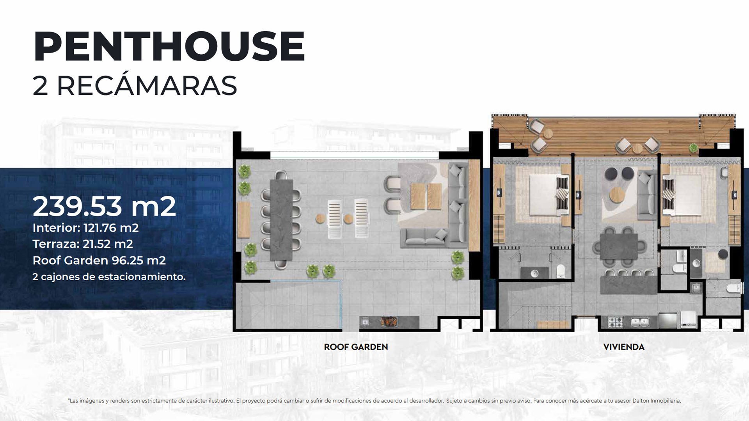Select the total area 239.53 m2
point(104,206)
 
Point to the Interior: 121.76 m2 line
point(85,228)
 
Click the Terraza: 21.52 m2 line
point(83,244)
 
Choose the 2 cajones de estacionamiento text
point(109,277)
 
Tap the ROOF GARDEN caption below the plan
point(356,347)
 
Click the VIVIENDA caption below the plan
point(624,347)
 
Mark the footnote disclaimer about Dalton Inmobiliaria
point(374,401)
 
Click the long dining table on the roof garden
point(281,220)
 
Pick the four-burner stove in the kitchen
point(616,322)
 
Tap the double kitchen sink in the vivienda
point(640,322)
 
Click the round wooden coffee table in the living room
point(617,195)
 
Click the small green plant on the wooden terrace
point(693,148)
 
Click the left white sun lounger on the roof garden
point(335,218)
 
